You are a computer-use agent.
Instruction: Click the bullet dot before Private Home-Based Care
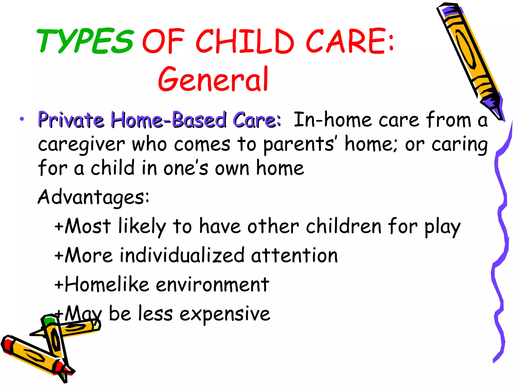[x=22, y=119]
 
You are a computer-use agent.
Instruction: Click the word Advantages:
[x=93, y=197]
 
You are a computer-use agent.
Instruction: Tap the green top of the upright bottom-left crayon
[x=49, y=321]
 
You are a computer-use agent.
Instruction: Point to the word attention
[x=294, y=255]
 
